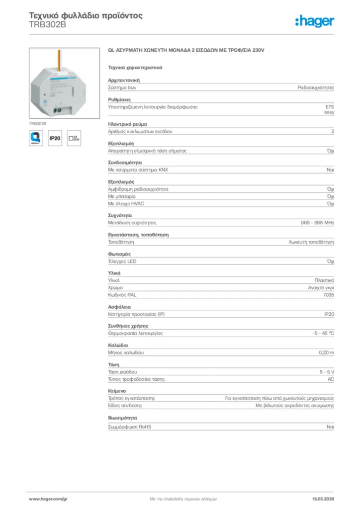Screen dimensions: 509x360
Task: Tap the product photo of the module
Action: point(57,83)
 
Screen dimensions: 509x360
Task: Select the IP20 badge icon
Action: point(55,139)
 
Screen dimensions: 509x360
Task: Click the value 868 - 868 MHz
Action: point(317,223)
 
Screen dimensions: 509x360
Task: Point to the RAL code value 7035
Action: point(328,295)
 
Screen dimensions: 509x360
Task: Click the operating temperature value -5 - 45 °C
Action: point(323,333)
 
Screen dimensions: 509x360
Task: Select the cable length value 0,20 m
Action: point(326,352)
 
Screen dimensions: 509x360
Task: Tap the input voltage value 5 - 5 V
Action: point(327,372)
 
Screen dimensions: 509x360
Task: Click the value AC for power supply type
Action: point(330,379)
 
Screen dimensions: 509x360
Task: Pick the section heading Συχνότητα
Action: point(120,215)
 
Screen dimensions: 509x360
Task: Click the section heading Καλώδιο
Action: point(118,345)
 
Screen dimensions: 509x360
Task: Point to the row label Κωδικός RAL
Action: point(122,295)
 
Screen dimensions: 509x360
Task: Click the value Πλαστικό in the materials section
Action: point(324,280)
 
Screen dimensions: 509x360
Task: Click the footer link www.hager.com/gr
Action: point(48,499)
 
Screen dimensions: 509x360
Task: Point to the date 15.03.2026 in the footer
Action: point(323,499)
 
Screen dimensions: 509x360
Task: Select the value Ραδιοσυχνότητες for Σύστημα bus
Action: point(316,87)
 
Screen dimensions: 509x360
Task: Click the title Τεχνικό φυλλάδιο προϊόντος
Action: point(86,15)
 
